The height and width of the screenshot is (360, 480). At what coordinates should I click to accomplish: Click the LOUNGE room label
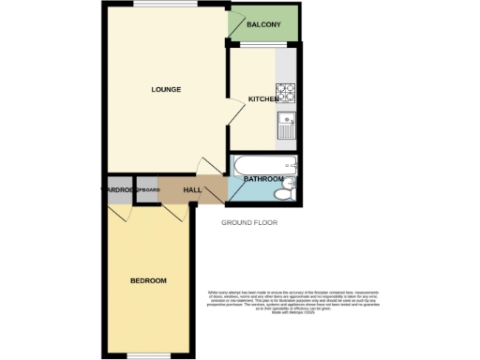166,89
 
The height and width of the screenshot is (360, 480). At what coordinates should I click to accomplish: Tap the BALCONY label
263,25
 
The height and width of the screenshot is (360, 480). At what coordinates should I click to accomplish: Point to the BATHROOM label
263,178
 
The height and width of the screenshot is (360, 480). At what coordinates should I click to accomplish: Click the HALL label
192,190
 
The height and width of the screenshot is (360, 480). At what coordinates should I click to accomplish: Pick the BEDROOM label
148,281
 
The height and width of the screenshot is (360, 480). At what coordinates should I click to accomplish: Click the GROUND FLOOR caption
249,223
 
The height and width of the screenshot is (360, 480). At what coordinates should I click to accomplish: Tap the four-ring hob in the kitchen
285,93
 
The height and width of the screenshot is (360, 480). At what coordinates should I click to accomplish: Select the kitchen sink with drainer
287,125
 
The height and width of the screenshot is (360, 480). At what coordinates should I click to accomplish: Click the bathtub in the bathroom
265,168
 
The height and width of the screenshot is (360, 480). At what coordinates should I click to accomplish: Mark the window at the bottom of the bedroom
147,353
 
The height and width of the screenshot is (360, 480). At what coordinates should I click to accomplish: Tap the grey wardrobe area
119,190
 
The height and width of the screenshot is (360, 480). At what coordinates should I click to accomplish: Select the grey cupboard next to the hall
146,190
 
